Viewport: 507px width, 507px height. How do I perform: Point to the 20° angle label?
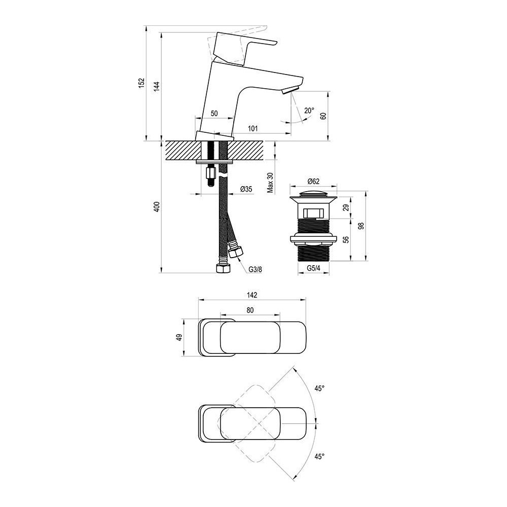pos(309,111)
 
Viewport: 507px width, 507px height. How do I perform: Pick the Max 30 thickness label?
pos(270,182)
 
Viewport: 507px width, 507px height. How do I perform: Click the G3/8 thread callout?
pos(255,269)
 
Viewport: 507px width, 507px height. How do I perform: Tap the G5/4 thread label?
pos(313,269)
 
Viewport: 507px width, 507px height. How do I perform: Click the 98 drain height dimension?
pos(361,227)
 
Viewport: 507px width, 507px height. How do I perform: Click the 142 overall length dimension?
pos(252,295)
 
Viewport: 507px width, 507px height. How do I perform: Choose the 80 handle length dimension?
pos(249,310)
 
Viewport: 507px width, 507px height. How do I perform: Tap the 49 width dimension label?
pos(179,337)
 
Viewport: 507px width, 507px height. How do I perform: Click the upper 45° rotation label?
pos(319,388)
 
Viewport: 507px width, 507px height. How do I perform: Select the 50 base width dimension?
pos(214,114)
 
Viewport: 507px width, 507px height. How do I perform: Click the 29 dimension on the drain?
pos(345,207)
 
